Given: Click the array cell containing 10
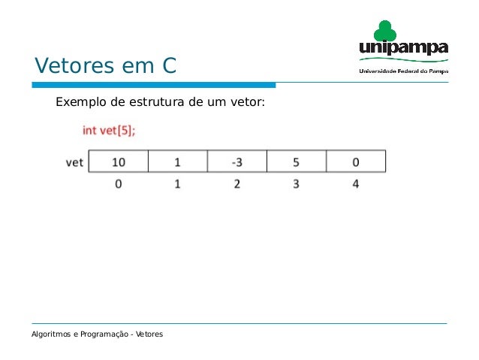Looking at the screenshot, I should pyautogui.click(x=119, y=162).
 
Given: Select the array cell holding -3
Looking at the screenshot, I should pyautogui.click(x=237, y=162).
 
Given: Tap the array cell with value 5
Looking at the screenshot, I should pyautogui.click(x=297, y=162).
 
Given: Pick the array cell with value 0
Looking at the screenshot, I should pyautogui.click(x=355, y=162).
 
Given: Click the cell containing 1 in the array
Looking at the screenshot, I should pyautogui.click(x=178, y=162).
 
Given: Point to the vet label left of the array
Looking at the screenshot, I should pyautogui.click(x=74, y=162).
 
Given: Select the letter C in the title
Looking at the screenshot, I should pyautogui.click(x=168, y=66).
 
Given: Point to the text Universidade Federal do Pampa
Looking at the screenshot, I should pyautogui.click(x=403, y=71).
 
